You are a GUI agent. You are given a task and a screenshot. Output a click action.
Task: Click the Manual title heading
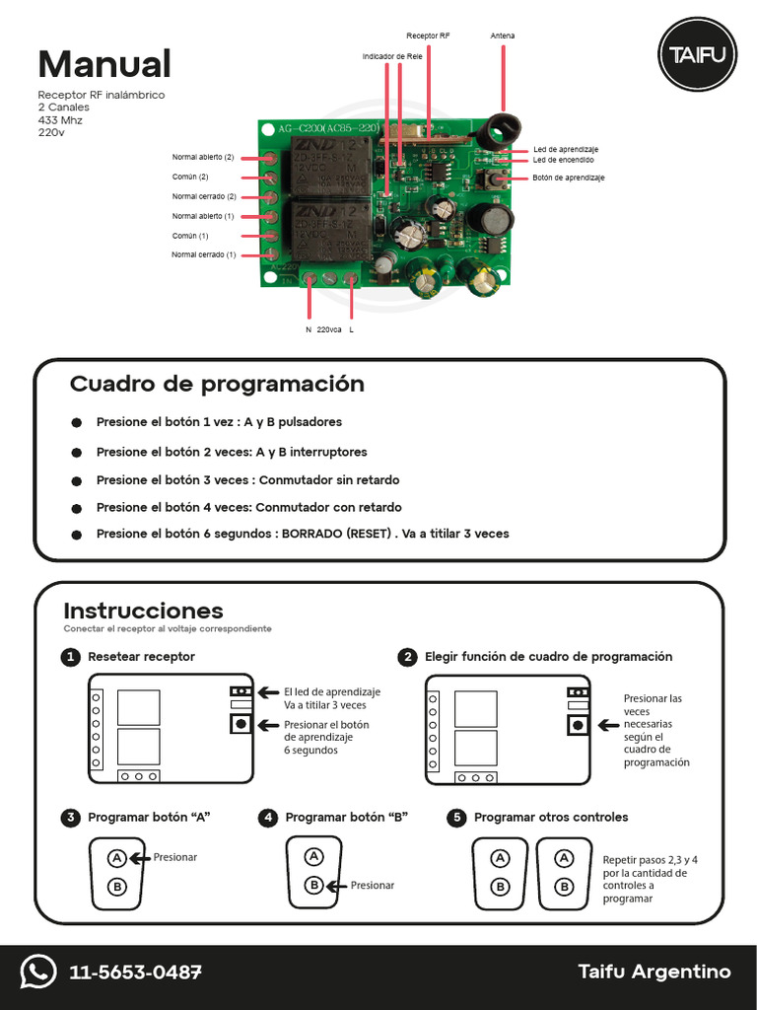[104, 64]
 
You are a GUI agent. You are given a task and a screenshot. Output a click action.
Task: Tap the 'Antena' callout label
[503, 36]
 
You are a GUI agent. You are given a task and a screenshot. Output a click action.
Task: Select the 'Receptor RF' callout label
[428, 36]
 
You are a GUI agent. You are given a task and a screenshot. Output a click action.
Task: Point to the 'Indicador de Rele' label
[392, 57]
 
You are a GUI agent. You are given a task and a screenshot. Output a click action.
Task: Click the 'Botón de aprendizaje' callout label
[568, 178]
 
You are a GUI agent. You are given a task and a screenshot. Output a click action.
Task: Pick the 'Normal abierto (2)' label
[203, 157]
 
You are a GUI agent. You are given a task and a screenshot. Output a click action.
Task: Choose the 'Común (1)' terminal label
[190, 236]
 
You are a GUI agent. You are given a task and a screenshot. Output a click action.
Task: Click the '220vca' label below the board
[328, 329]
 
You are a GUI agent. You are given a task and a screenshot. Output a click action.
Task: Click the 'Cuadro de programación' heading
[217, 384]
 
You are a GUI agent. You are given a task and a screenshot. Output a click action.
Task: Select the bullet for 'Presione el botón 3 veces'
[77, 480]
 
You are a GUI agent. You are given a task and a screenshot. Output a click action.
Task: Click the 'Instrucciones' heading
[143, 611]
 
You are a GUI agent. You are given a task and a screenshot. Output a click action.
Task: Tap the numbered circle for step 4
[268, 818]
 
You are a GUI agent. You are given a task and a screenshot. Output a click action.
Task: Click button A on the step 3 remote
[116, 858]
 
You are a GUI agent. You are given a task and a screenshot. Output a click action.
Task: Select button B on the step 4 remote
[313, 885]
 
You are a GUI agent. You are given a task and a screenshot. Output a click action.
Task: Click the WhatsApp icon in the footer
[38, 973]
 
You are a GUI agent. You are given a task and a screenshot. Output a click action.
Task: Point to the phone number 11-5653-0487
[135, 973]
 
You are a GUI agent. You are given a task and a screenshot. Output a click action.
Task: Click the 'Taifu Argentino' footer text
[654, 973]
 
